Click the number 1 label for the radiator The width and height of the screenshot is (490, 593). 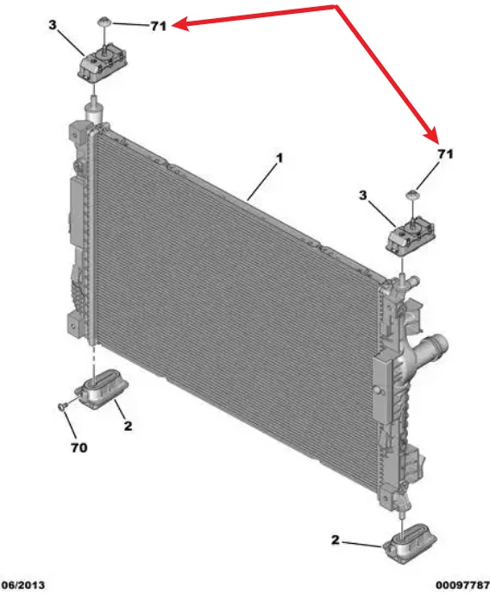point(279,159)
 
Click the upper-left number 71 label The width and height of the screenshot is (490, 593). point(158,27)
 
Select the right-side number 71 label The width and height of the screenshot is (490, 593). point(444,153)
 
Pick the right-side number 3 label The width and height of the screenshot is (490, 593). point(365,197)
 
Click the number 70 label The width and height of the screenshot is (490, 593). point(79,448)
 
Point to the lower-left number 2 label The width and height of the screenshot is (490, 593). point(127,425)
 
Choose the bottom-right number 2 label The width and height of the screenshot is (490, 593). point(336,540)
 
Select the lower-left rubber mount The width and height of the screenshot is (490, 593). point(104,388)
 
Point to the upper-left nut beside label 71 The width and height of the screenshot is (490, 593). point(104,21)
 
